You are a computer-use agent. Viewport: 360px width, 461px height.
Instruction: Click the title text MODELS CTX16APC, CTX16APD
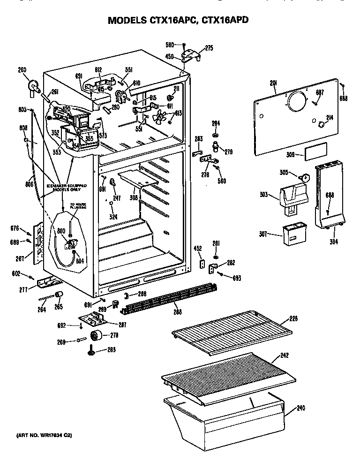(x=178, y=21)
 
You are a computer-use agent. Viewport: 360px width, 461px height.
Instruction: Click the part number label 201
(x=274, y=83)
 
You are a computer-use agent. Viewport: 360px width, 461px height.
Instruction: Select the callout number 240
(x=300, y=408)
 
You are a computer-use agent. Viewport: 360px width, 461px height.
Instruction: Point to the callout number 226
(x=293, y=319)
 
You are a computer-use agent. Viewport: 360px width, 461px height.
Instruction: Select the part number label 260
(x=22, y=70)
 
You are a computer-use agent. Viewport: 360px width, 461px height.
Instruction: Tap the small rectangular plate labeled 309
(x=315, y=154)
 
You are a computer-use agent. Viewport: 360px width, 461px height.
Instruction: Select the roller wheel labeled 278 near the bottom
(x=97, y=336)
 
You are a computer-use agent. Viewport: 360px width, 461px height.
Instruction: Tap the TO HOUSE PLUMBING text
(x=78, y=206)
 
